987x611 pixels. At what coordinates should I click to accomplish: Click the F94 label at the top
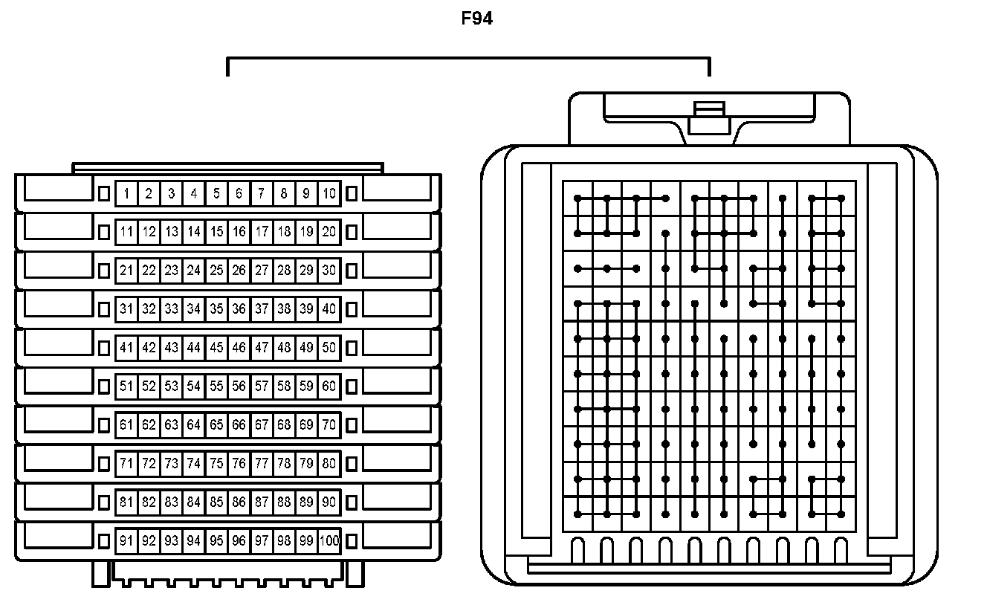point(477,19)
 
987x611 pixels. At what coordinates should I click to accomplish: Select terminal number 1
point(126,194)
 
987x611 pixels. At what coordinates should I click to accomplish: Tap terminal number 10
point(329,194)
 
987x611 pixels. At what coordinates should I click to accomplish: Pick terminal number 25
point(216,271)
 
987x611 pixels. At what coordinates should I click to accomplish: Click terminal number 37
point(262,309)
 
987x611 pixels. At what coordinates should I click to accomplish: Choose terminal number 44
point(194,347)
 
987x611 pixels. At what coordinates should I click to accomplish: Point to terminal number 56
point(239,386)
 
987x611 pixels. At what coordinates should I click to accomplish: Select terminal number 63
point(172,424)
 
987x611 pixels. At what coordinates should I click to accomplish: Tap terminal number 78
point(284,463)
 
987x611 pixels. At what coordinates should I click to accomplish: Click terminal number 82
point(149,502)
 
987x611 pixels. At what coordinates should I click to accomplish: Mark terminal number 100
point(329,540)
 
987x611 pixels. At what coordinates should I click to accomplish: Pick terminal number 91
point(126,540)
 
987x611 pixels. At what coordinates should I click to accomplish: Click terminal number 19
point(306,232)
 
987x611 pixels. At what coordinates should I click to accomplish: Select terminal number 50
point(329,347)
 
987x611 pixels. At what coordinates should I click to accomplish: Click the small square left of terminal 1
point(104,193)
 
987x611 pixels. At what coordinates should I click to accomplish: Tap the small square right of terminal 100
point(352,540)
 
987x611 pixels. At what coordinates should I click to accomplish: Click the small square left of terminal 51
point(104,386)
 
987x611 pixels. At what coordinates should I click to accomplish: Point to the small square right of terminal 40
point(352,309)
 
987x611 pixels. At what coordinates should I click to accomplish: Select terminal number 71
point(126,463)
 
